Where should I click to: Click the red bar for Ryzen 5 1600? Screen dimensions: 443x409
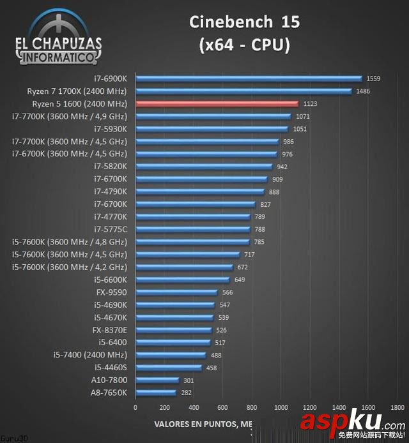coord(217,103)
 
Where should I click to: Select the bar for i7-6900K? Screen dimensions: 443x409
coord(249,79)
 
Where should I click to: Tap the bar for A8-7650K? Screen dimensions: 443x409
coord(155,393)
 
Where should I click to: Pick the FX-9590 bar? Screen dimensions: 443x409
coord(176,292)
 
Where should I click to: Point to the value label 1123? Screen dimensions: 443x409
coord(311,103)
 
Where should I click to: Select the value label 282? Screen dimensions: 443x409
coord(187,393)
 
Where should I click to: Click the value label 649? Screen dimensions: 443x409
coord(240,280)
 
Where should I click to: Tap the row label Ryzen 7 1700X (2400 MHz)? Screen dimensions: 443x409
coord(77,91)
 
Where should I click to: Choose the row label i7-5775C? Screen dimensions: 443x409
coord(111,229)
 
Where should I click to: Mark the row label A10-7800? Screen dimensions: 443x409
coord(110,380)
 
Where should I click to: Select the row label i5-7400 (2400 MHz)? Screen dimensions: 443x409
coord(90,355)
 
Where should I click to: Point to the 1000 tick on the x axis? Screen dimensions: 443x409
coord(281,407)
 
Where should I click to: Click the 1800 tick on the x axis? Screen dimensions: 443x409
coord(397,407)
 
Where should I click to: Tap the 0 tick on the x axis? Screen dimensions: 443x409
coord(135,407)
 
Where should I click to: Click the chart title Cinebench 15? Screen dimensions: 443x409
coord(244,22)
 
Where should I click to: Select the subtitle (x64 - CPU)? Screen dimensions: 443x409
coord(244,45)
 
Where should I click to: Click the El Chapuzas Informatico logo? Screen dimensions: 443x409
coord(58,38)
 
